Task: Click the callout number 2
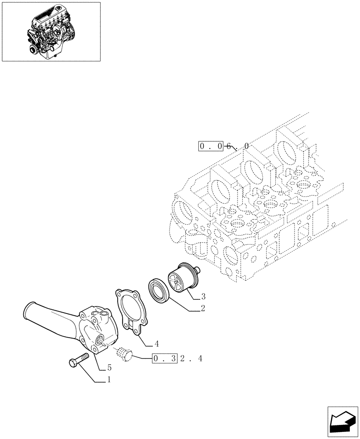(203, 309)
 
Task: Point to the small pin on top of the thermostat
(198, 270)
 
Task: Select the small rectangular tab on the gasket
(130, 325)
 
